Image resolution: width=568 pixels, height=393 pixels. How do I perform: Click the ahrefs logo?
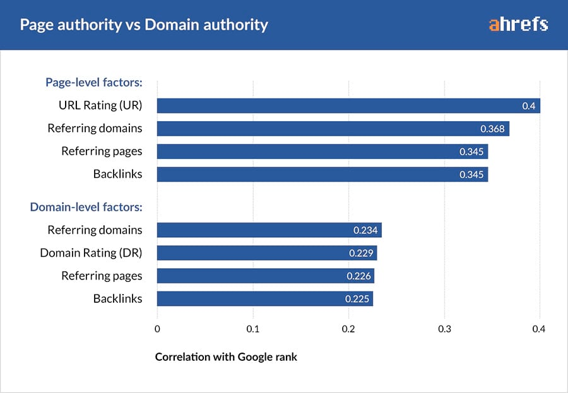coord(518,25)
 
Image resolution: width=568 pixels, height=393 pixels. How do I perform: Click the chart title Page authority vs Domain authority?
coord(144,25)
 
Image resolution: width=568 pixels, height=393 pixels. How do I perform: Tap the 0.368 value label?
coord(492,129)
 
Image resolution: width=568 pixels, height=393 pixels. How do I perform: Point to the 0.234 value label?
coord(365,230)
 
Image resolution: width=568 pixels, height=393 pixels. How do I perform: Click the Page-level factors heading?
coord(93,82)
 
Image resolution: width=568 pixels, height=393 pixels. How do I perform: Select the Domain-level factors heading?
coord(86,206)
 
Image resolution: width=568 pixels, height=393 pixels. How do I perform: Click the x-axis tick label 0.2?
coord(348,329)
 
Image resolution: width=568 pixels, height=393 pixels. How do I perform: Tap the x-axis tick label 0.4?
coord(538,329)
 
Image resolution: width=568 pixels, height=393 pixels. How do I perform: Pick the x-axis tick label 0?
coord(157,329)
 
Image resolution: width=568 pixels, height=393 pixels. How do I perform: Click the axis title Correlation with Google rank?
coord(226,357)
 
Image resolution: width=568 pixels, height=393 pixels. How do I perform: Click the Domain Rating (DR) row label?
coord(91,253)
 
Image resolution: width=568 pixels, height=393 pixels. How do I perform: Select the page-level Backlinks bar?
coord(322,175)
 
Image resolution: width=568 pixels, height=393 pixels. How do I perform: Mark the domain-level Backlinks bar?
coord(264,298)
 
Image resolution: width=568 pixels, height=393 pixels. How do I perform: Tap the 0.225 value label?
coord(357,298)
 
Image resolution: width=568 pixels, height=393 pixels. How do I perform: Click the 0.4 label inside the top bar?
coord(528,106)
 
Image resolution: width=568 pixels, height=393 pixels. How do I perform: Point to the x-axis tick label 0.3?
coord(445,329)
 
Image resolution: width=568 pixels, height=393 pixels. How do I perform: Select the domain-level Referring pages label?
coord(102,276)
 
